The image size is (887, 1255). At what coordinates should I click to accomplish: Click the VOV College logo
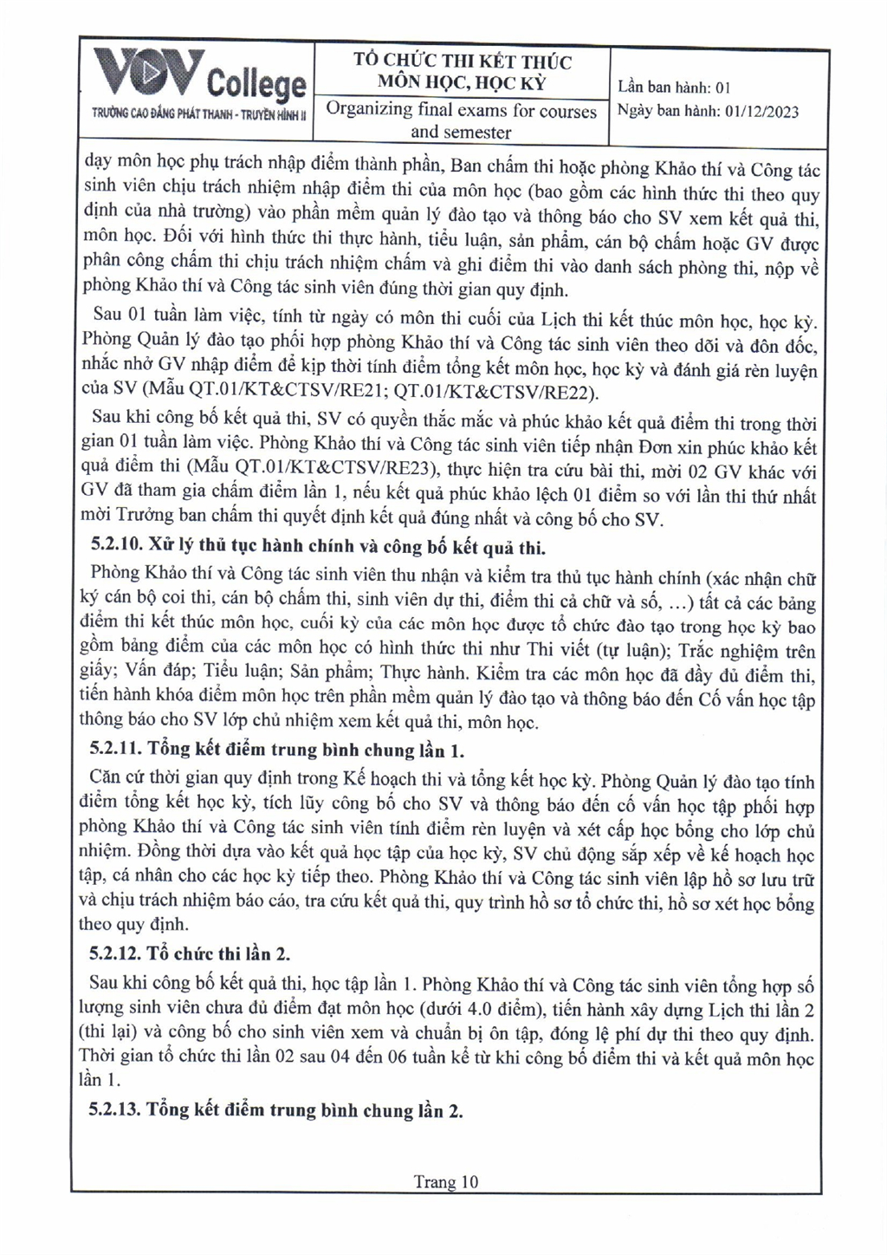200,76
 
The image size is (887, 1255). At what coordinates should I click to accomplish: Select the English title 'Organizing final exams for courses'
461,111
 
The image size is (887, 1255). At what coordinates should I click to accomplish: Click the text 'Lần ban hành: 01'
675,87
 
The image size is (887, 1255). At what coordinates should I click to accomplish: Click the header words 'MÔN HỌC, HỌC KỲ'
462,83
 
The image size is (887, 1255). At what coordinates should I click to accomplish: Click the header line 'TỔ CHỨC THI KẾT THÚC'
463,61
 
